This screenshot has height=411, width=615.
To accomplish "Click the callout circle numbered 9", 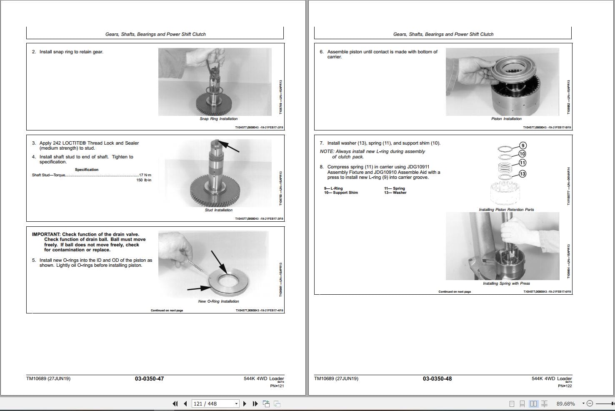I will point(523,145).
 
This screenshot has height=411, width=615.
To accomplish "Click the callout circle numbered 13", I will point(522,174).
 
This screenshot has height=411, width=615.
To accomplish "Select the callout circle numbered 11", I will point(522,163).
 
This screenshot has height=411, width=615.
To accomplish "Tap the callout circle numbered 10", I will point(522,154).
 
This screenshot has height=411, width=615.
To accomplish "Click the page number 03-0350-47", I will point(149,378).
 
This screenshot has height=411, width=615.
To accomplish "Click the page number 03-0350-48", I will point(437,378).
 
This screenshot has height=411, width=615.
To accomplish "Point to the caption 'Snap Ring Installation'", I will point(218,119).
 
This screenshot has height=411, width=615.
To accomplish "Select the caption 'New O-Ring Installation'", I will point(218,301).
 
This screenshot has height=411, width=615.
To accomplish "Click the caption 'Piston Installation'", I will point(506,119).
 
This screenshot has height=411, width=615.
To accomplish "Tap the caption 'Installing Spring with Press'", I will point(506,283).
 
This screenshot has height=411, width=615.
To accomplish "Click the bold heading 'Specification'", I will point(87,170).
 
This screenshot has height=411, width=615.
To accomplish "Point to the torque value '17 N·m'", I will point(145,175).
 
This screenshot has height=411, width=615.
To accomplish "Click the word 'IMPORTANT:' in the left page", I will point(46,234).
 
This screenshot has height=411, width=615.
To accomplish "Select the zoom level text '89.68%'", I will point(565,403).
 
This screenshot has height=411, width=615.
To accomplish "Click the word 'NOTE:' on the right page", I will point(327,152).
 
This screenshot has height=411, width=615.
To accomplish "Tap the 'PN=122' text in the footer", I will point(565,386).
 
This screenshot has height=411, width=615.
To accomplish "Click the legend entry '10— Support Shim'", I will point(341,193).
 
